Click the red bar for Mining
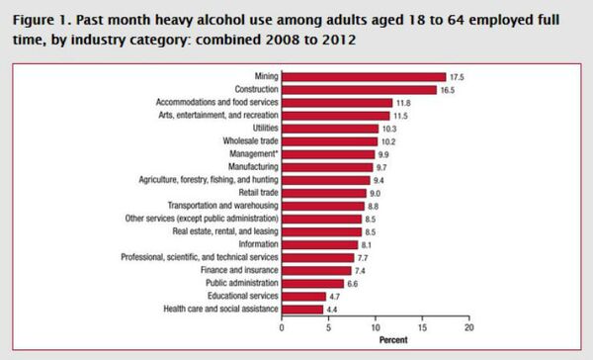click(x=364, y=76)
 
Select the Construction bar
click(x=359, y=89)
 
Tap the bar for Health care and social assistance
click(x=302, y=309)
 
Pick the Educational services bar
click(x=304, y=296)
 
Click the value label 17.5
click(x=458, y=76)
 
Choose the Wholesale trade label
click(x=247, y=140)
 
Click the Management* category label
click(x=251, y=153)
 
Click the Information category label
click(x=256, y=243)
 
